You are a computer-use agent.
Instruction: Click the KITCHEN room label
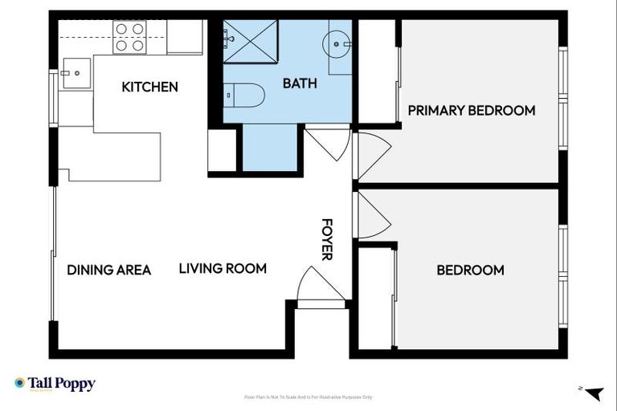(149, 87)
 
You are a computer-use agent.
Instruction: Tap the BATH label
(300, 83)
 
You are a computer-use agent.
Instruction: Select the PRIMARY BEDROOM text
(471, 110)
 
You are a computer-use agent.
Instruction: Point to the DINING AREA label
(108, 270)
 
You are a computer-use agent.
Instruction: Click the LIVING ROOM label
(223, 268)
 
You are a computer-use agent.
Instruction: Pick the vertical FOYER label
(327, 239)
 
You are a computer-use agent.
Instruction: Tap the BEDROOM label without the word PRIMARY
(470, 270)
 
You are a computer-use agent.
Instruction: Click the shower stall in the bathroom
(250, 40)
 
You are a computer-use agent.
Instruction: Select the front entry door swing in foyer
(320, 286)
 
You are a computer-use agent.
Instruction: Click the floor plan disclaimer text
(308, 397)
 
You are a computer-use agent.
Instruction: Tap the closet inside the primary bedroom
(378, 72)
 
